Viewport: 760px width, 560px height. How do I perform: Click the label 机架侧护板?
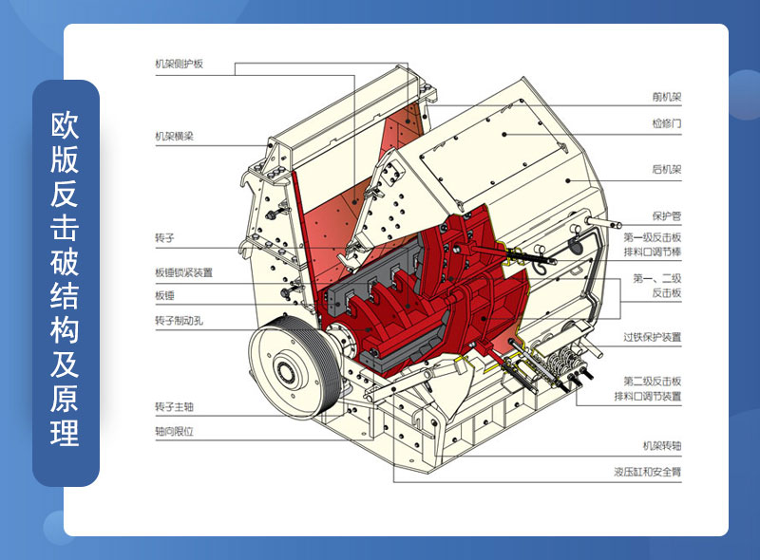coord(179,64)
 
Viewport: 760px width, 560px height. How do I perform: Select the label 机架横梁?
coord(174,136)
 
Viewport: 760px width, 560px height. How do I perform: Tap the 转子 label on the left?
coord(164,238)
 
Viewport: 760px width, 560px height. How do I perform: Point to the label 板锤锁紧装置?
coord(183,272)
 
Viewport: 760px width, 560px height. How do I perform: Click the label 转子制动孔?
coord(179,320)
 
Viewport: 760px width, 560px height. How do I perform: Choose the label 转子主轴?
coord(174,406)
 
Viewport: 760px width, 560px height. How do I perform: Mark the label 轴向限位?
coord(174,431)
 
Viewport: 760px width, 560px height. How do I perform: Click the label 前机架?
coord(667,97)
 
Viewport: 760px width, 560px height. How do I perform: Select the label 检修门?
coord(667,123)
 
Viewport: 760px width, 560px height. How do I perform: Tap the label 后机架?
coord(667,169)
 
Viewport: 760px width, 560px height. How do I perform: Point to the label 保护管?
coord(667,216)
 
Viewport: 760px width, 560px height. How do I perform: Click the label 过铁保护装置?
coord(653,337)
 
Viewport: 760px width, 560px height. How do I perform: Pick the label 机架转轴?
coord(662,445)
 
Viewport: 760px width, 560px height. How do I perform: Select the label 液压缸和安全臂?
coord(648,472)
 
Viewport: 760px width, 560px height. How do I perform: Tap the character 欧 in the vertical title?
coord(65,124)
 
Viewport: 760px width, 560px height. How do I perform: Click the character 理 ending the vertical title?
coord(65,432)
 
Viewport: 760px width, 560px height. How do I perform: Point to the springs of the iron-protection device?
coord(563,364)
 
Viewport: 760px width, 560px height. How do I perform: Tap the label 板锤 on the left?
coord(164,295)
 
